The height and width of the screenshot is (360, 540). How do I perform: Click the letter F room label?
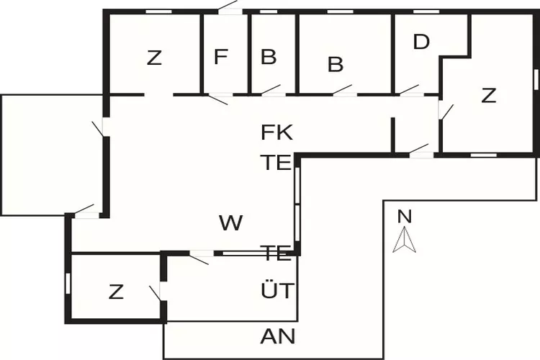pyautogui.click(x=221, y=57)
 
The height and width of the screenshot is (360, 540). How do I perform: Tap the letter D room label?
pyautogui.click(x=421, y=42)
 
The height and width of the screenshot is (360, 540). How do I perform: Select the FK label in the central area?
pyautogui.click(x=277, y=132)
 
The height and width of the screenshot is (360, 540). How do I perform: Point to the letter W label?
pyautogui.click(x=230, y=223)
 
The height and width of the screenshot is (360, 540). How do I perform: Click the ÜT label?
pyautogui.click(x=277, y=291)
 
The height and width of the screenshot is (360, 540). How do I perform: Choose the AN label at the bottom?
pyautogui.click(x=277, y=336)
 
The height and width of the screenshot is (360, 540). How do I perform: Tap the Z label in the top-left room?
pyautogui.click(x=154, y=58)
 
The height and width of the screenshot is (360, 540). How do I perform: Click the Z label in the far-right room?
pyautogui.click(x=489, y=96)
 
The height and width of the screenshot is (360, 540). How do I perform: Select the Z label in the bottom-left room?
pyautogui.click(x=116, y=292)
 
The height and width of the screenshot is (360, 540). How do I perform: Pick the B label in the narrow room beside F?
pyautogui.click(x=269, y=58)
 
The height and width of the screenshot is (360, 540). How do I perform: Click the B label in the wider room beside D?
pyautogui.click(x=336, y=64)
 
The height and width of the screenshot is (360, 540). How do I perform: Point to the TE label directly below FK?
pyautogui.click(x=276, y=162)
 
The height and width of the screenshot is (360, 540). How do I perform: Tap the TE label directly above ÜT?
pyautogui.click(x=276, y=253)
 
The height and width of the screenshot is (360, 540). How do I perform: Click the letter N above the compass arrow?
pyautogui.click(x=404, y=215)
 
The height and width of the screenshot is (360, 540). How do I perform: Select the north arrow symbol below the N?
pyautogui.click(x=404, y=240)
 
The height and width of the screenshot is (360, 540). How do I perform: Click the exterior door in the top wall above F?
pyautogui.click(x=230, y=9)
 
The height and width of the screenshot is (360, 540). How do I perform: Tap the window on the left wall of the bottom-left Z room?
pyautogui.click(x=68, y=283)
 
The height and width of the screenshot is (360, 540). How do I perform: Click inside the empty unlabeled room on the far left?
pyautogui.click(x=50, y=155)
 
